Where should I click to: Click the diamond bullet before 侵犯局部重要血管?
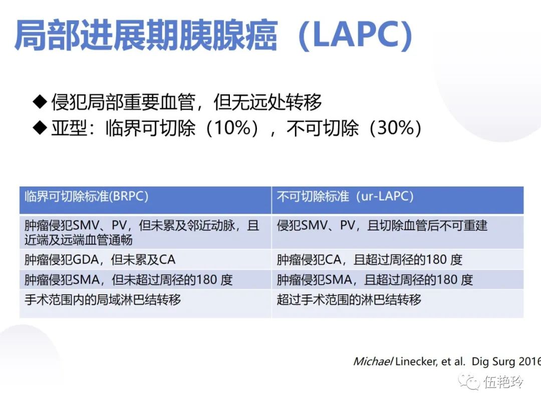39,102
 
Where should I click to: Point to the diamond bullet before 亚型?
39,128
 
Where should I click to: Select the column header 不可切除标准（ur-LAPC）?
345,196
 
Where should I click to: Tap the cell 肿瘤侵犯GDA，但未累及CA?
100,260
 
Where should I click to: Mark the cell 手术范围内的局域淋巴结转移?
103,300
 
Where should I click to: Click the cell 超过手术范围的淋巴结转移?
349,300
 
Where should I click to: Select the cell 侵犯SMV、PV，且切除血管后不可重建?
382,226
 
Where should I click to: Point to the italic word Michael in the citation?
373,361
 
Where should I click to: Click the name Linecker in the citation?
415,361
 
